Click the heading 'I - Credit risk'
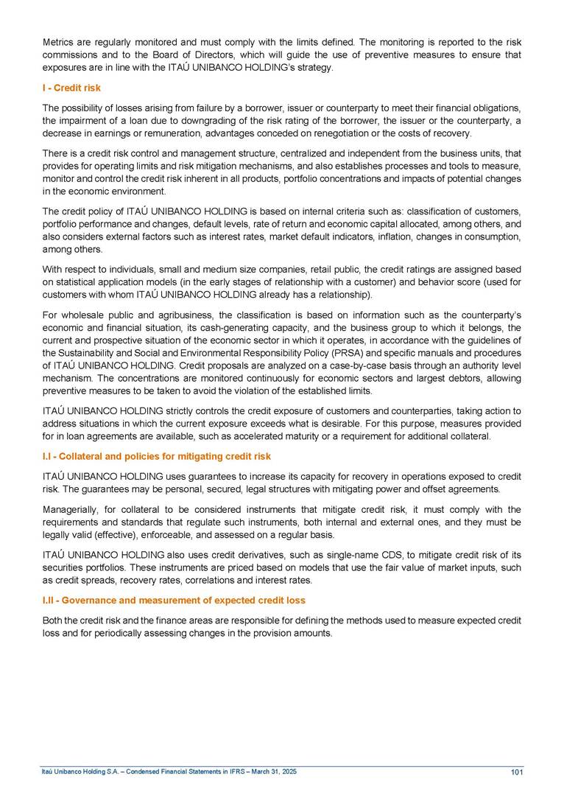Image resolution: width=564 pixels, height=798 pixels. click(71, 88)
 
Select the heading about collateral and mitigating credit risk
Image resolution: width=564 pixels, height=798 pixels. click(157, 456)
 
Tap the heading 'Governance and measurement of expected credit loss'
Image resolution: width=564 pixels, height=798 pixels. click(183, 601)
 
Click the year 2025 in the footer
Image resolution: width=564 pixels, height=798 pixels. click(289, 771)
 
